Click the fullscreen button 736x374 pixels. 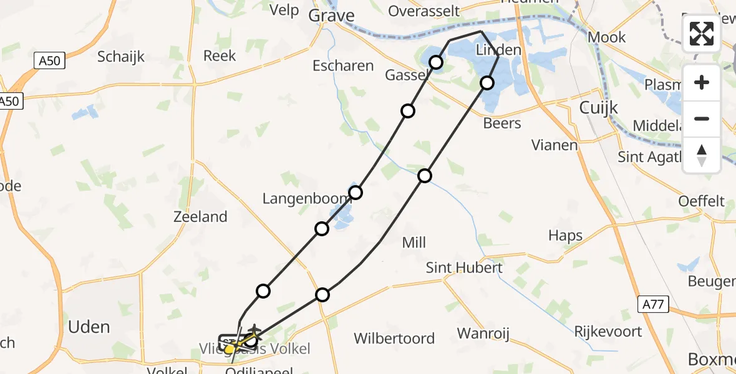point(702,34)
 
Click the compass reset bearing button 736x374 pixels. point(702,155)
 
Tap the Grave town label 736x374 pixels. point(331,16)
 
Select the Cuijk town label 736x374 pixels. point(598,107)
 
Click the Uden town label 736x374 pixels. point(89,327)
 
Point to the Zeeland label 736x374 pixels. point(201,217)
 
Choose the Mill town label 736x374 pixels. point(414,242)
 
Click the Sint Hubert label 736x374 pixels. point(464,267)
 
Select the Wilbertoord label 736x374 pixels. point(394,338)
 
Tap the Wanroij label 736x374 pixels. point(483,333)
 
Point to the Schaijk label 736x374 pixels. point(121,57)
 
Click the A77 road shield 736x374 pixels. point(653,305)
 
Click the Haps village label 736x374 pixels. point(566,236)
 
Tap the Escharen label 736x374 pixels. point(344,65)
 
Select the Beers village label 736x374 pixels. point(502,123)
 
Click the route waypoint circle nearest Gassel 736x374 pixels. point(436,62)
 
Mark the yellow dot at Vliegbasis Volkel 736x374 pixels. point(230,349)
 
